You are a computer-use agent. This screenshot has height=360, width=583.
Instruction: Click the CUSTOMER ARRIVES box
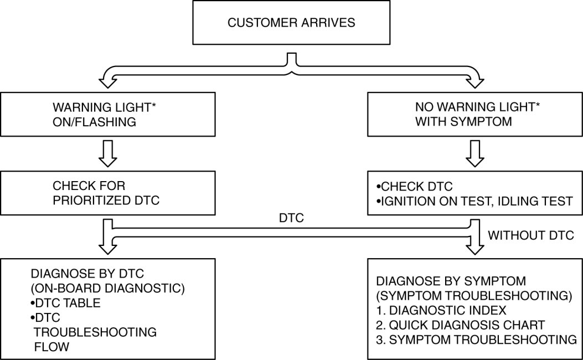point(292,23)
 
